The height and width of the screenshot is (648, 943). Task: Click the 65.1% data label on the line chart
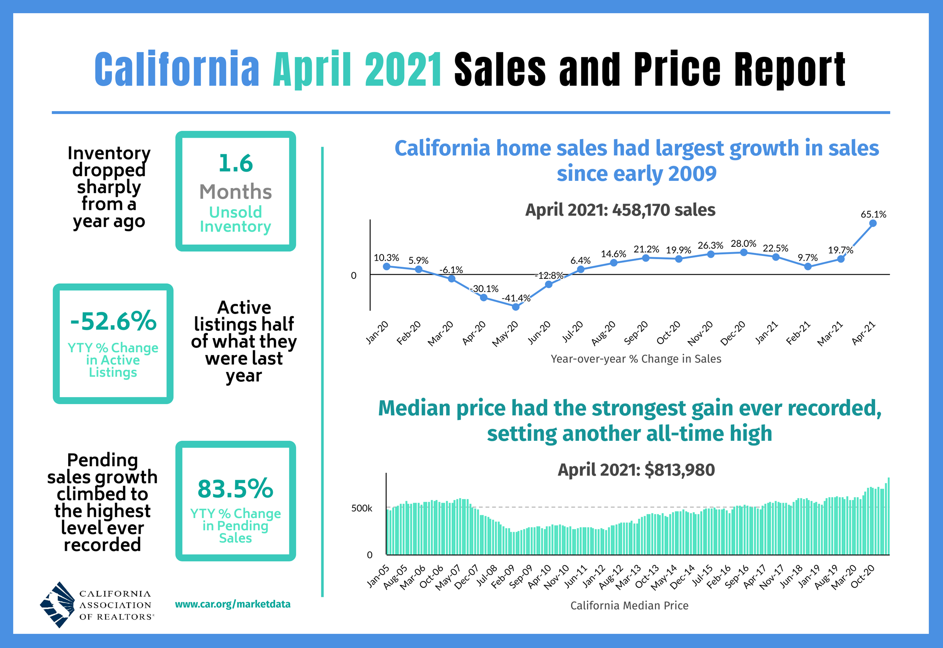click(x=873, y=214)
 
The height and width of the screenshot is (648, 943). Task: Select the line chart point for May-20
click(x=515, y=307)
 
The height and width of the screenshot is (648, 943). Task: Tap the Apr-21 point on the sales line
click(x=873, y=223)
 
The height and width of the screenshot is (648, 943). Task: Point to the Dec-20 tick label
click(x=734, y=333)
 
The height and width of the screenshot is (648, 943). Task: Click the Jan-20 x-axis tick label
click(x=377, y=333)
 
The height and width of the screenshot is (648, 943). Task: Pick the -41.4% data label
click(x=516, y=298)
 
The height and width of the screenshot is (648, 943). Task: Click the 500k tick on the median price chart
click(x=361, y=508)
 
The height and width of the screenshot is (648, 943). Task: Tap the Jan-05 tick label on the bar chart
click(x=378, y=577)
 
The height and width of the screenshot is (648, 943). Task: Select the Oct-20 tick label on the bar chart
click(x=863, y=577)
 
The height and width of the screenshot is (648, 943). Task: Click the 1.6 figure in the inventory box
click(x=235, y=163)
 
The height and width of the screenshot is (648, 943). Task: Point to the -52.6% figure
click(x=114, y=321)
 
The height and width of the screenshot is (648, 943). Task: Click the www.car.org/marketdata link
click(x=232, y=604)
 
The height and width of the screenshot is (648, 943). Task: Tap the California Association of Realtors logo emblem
click(x=57, y=605)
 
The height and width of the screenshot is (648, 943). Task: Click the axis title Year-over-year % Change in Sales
click(x=636, y=359)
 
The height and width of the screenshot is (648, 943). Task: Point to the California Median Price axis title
click(x=629, y=605)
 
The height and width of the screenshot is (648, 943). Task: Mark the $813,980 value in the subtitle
click(x=680, y=470)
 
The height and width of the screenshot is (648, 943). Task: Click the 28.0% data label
click(x=743, y=244)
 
